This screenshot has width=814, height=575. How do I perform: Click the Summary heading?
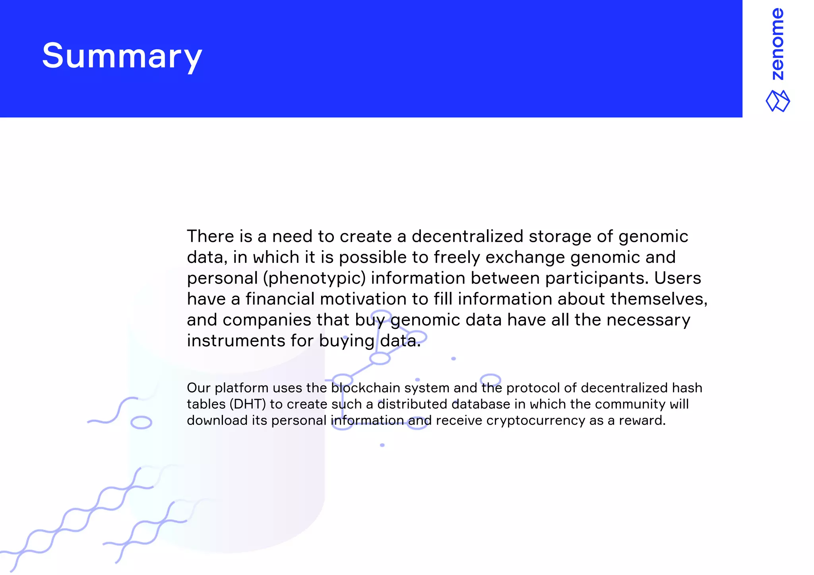click(122, 56)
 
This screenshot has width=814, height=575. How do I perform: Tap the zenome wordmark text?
click(777, 44)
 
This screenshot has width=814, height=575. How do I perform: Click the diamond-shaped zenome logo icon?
click(778, 101)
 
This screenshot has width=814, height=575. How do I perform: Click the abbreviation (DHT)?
click(248, 404)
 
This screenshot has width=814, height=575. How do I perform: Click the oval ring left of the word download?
click(141, 423)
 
